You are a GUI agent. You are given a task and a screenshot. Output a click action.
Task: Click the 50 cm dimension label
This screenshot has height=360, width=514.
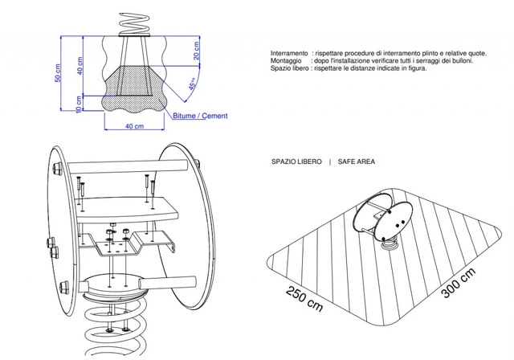coord(58,73)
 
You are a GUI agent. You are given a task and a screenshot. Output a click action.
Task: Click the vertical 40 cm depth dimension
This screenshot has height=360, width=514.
coord(80,66)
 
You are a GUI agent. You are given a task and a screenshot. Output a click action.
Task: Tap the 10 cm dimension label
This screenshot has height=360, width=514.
coord(79,104)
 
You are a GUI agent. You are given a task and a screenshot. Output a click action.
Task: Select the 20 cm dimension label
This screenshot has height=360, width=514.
coord(196,51)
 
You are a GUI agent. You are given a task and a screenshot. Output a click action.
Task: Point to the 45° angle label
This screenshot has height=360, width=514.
coord(193,84)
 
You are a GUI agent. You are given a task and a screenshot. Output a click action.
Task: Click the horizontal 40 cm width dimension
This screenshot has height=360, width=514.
coord(134,126)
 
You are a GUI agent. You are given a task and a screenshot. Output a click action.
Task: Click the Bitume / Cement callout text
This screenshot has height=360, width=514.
coord(200,116)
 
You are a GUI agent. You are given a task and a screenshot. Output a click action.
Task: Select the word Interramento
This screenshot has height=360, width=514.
coord(289,53)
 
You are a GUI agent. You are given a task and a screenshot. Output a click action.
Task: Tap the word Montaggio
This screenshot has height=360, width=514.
coord(286,60)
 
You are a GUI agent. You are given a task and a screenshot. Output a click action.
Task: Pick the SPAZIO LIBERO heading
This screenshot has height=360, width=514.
coord(296,162)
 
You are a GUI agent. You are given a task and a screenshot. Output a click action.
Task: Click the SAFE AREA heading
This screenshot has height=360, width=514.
coord(357,162)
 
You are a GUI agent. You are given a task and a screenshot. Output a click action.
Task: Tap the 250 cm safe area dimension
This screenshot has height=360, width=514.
coord(304,299)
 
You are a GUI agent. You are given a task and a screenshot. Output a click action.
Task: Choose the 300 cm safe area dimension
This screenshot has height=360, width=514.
coord(459,283)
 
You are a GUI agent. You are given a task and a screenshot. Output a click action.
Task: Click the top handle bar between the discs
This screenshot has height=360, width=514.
coord(128,166)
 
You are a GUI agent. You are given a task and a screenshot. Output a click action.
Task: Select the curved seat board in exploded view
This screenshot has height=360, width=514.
coord(127,209)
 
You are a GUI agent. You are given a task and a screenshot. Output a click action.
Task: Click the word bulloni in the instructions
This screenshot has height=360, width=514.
coord(463,60)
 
